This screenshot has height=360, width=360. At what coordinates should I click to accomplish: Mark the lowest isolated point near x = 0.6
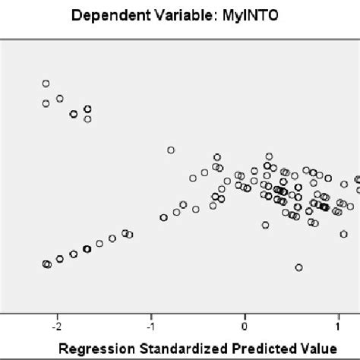(x=299, y=267)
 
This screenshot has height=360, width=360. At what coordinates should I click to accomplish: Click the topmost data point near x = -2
(x=46, y=84)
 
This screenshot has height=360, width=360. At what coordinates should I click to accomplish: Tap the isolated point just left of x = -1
(x=171, y=150)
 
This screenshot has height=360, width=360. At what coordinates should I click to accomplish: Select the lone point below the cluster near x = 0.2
(x=265, y=225)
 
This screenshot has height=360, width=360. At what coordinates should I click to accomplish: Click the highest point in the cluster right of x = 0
(x=268, y=156)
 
